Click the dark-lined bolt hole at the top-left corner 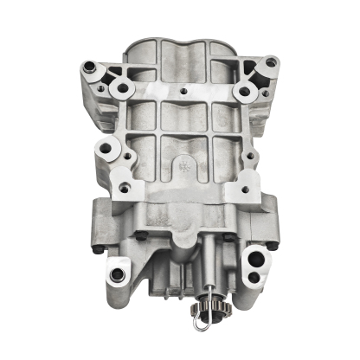coord(91,65)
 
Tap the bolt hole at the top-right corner coord(271,62)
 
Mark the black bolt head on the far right coord(275,246)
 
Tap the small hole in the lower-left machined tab coord(125,187)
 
